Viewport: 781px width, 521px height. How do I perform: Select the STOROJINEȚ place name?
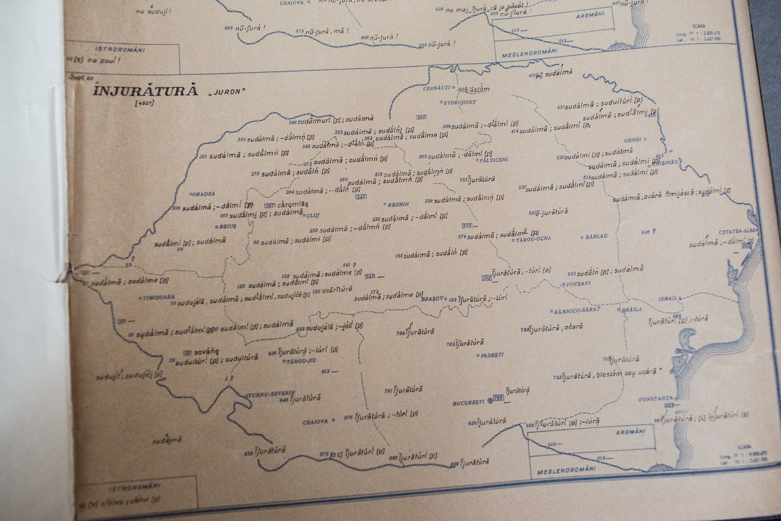coord(459,103)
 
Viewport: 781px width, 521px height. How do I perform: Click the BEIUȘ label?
coord(227,227)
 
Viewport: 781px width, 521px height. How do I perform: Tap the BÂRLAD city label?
coord(596,236)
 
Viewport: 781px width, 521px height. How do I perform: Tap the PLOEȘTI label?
coord(491,356)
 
